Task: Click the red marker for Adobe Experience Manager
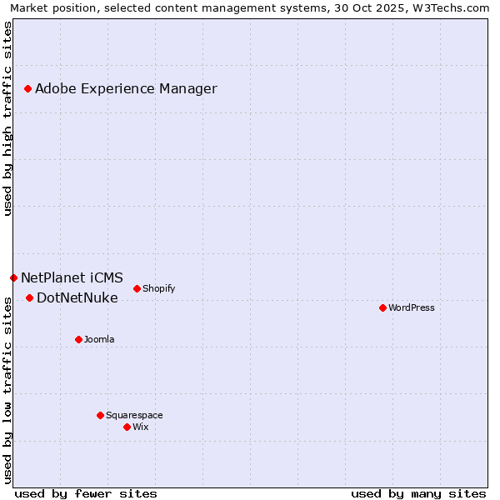pyautogui.click(x=27, y=88)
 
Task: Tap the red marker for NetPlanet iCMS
pyautogui.click(x=13, y=277)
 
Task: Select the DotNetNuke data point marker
pyautogui.click(x=29, y=297)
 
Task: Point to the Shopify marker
pyautogui.click(x=137, y=288)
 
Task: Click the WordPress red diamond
pyautogui.click(x=382, y=307)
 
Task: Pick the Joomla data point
pyautogui.click(x=78, y=339)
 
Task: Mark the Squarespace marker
pyautogui.click(x=100, y=415)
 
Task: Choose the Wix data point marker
pyautogui.click(x=127, y=427)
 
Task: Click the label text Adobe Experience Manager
pyautogui.click(x=126, y=88)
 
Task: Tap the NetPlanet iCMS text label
pyautogui.click(x=72, y=277)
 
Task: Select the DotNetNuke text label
pyautogui.click(x=77, y=297)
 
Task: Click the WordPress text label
pyautogui.click(x=412, y=307)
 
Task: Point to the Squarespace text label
pyautogui.click(x=134, y=415)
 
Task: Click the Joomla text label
pyautogui.click(x=99, y=339)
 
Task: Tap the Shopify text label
pyautogui.click(x=158, y=288)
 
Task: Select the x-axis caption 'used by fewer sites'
pyautogui.click(x=86, y=493)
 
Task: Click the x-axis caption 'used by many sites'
pyautogui.click(x=418, y=493)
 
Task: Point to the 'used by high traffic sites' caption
pyautogui.click(x=7, y=118)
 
